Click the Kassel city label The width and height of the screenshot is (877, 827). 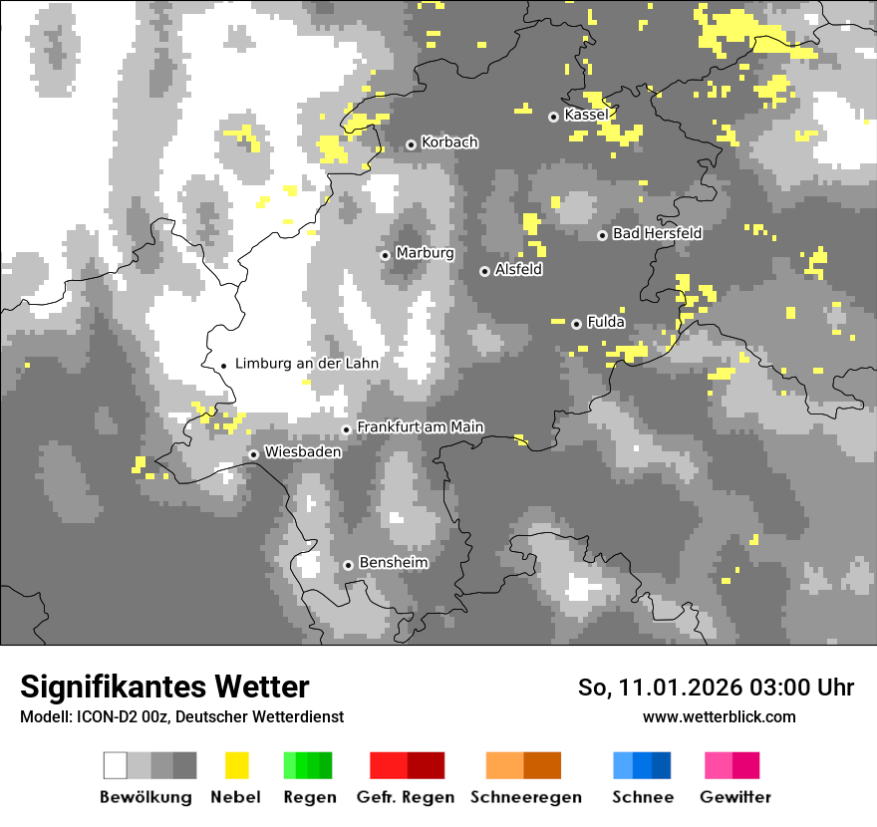click(586, 116)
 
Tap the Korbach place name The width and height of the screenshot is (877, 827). click(449, 142)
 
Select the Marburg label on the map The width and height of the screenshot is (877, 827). click(425, 253)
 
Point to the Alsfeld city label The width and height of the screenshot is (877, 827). click(518, 269)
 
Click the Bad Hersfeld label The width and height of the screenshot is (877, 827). click(657, 233)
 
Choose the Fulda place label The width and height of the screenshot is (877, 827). click(606, 322)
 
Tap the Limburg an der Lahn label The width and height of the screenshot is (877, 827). click(307, 364)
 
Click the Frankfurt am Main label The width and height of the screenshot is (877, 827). click(420, 426)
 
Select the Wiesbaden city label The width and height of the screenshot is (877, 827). click(303, 452)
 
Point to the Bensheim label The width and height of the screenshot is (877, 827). click(393, 563)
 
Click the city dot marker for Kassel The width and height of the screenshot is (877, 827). click(554, 117)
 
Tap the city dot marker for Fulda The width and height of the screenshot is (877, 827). click(576, 324)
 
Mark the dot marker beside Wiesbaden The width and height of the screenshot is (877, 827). click(254, 454)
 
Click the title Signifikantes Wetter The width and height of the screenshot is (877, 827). click(164, 687)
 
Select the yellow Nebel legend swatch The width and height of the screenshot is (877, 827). click(236, 765)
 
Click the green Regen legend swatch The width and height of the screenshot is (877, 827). click(308, 765)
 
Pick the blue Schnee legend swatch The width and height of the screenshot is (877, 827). click(642, 765)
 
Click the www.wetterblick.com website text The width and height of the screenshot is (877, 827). click(719, 716)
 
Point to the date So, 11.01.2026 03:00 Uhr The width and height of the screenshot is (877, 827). click(716, 688)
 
